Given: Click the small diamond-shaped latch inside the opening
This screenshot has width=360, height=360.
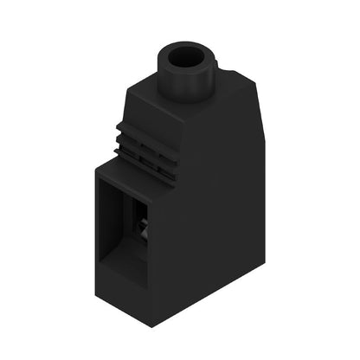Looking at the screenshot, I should pyautogui.click(x=143, y=227).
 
